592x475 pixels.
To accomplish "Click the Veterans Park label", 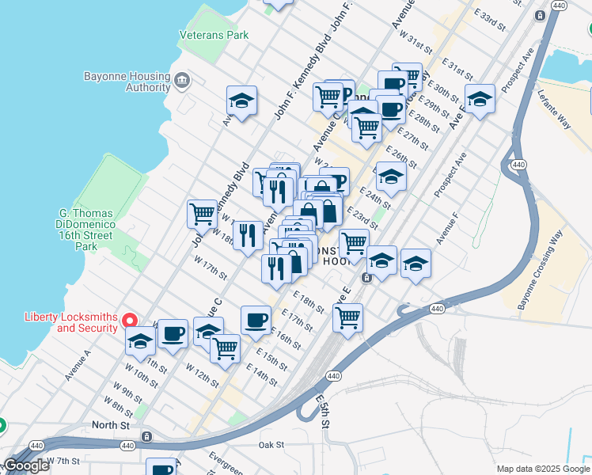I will [x=214, y=36].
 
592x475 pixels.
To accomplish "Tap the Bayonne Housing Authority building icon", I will [x=182, y=80].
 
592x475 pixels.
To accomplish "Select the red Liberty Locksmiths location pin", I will [x=132, y=321].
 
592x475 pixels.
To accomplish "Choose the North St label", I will [x=110, y=425].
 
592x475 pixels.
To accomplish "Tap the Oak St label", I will [x=271, y=445].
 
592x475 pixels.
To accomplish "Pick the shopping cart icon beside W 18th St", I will [x=203, y=213].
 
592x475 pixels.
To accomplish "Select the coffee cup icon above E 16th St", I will [x=256, y=320].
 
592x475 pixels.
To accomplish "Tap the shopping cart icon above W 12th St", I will [x=226, y=348].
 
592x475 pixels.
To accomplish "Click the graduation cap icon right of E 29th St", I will [x=480, y=100].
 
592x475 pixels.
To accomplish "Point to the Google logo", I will [x=26, y=465].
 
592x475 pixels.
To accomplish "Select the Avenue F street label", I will [x=447, y=230].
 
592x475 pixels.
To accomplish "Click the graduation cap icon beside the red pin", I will [x=140, y=341].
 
